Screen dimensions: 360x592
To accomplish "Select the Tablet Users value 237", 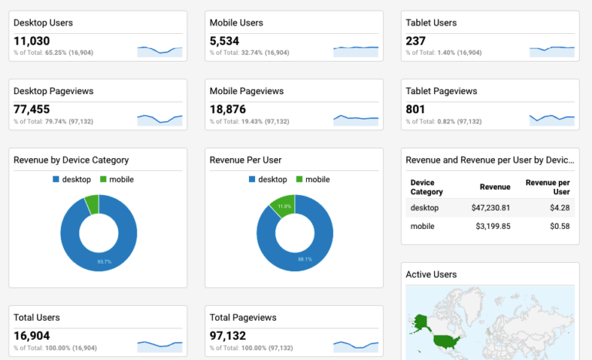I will (415, 42).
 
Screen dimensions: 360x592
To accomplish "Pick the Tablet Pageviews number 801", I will (415, 109).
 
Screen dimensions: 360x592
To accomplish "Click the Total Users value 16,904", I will (32, 336).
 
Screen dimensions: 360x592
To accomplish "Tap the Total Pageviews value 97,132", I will (228, 336).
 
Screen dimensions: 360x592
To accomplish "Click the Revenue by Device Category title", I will (71, 160).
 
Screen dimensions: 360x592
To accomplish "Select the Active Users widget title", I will (431, 274).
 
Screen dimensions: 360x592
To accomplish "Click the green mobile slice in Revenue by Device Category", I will (92, 204).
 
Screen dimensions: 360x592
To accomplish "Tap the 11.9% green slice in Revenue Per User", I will (283, 207).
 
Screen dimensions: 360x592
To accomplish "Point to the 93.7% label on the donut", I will (103, 261).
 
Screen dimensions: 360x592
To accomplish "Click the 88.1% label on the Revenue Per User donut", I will (305, 259).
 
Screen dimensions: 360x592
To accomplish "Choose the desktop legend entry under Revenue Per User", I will (267, 180).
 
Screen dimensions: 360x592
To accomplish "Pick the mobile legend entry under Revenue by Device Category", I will (116, 180).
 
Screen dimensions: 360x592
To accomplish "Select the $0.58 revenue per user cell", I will (559, 226).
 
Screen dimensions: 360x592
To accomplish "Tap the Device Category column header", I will (426, 187).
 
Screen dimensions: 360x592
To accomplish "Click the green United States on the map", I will (447, 340).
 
